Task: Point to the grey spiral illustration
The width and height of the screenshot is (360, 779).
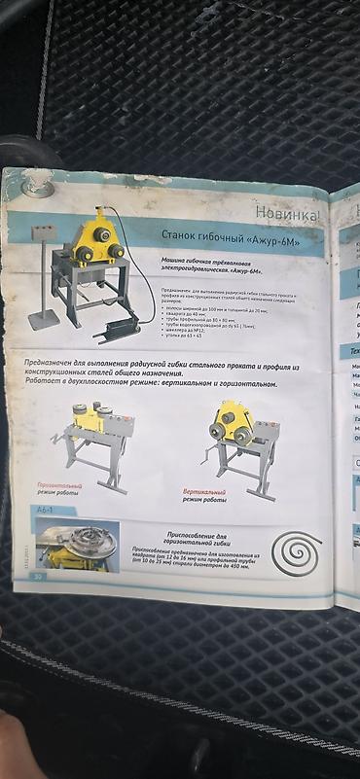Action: pyautogui.click(x=297, y=550)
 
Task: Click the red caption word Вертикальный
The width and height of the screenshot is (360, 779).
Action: pyautogui.click(x=204, y=492)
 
